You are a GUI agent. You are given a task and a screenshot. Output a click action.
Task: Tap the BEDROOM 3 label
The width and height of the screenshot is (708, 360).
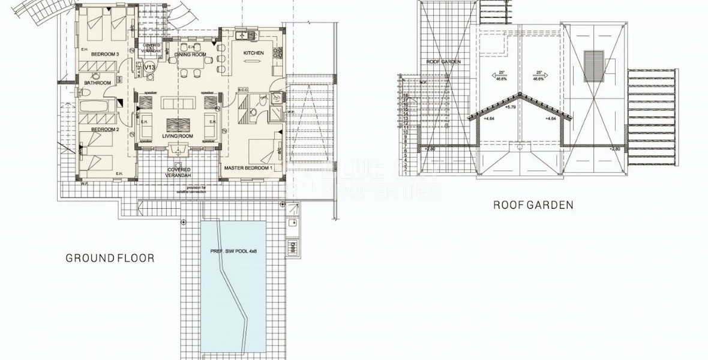[105, 55]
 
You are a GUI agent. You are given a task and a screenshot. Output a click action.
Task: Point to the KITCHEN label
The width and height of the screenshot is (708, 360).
[253, 53]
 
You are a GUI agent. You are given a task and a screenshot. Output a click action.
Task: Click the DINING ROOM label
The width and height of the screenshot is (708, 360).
[190, 55]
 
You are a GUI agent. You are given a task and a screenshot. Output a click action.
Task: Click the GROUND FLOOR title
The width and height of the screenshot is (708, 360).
[110, 259]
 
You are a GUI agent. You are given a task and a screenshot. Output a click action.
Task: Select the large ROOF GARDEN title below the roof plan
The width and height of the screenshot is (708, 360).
[533, 205]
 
